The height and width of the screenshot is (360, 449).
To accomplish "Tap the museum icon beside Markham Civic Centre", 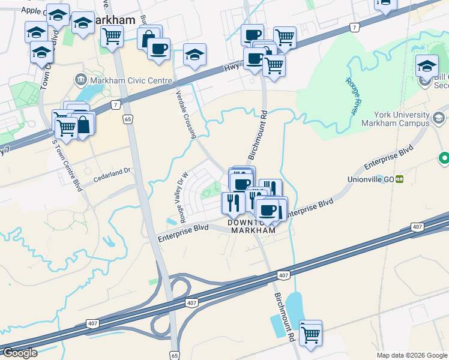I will (80, 80).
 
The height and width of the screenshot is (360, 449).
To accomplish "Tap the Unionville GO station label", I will (370, 179).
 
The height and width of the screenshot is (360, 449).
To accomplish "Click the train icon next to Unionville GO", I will (398, 179).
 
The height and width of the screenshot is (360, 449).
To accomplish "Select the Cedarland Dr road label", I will (112, 172).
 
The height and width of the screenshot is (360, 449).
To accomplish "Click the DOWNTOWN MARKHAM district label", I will (252, 226).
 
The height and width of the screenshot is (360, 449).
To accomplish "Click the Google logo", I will (20, 353).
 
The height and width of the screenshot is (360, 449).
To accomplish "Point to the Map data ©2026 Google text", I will (412, 355).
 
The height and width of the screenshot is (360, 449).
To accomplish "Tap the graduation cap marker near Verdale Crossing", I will (194, 55).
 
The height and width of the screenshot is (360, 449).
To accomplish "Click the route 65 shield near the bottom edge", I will (173, 355).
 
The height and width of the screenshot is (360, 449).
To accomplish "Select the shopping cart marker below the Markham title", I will (112, 37).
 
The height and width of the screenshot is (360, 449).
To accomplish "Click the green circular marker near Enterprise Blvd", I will (444, 158).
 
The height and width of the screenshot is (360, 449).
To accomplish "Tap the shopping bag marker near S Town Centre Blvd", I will (83, 125).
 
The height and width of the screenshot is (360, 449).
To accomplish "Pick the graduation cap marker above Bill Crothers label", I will (427, 65).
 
